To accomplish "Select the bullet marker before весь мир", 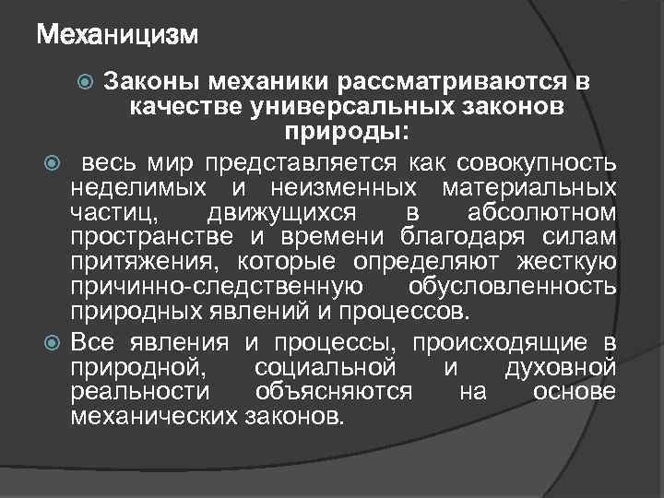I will [x=51, y=164].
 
